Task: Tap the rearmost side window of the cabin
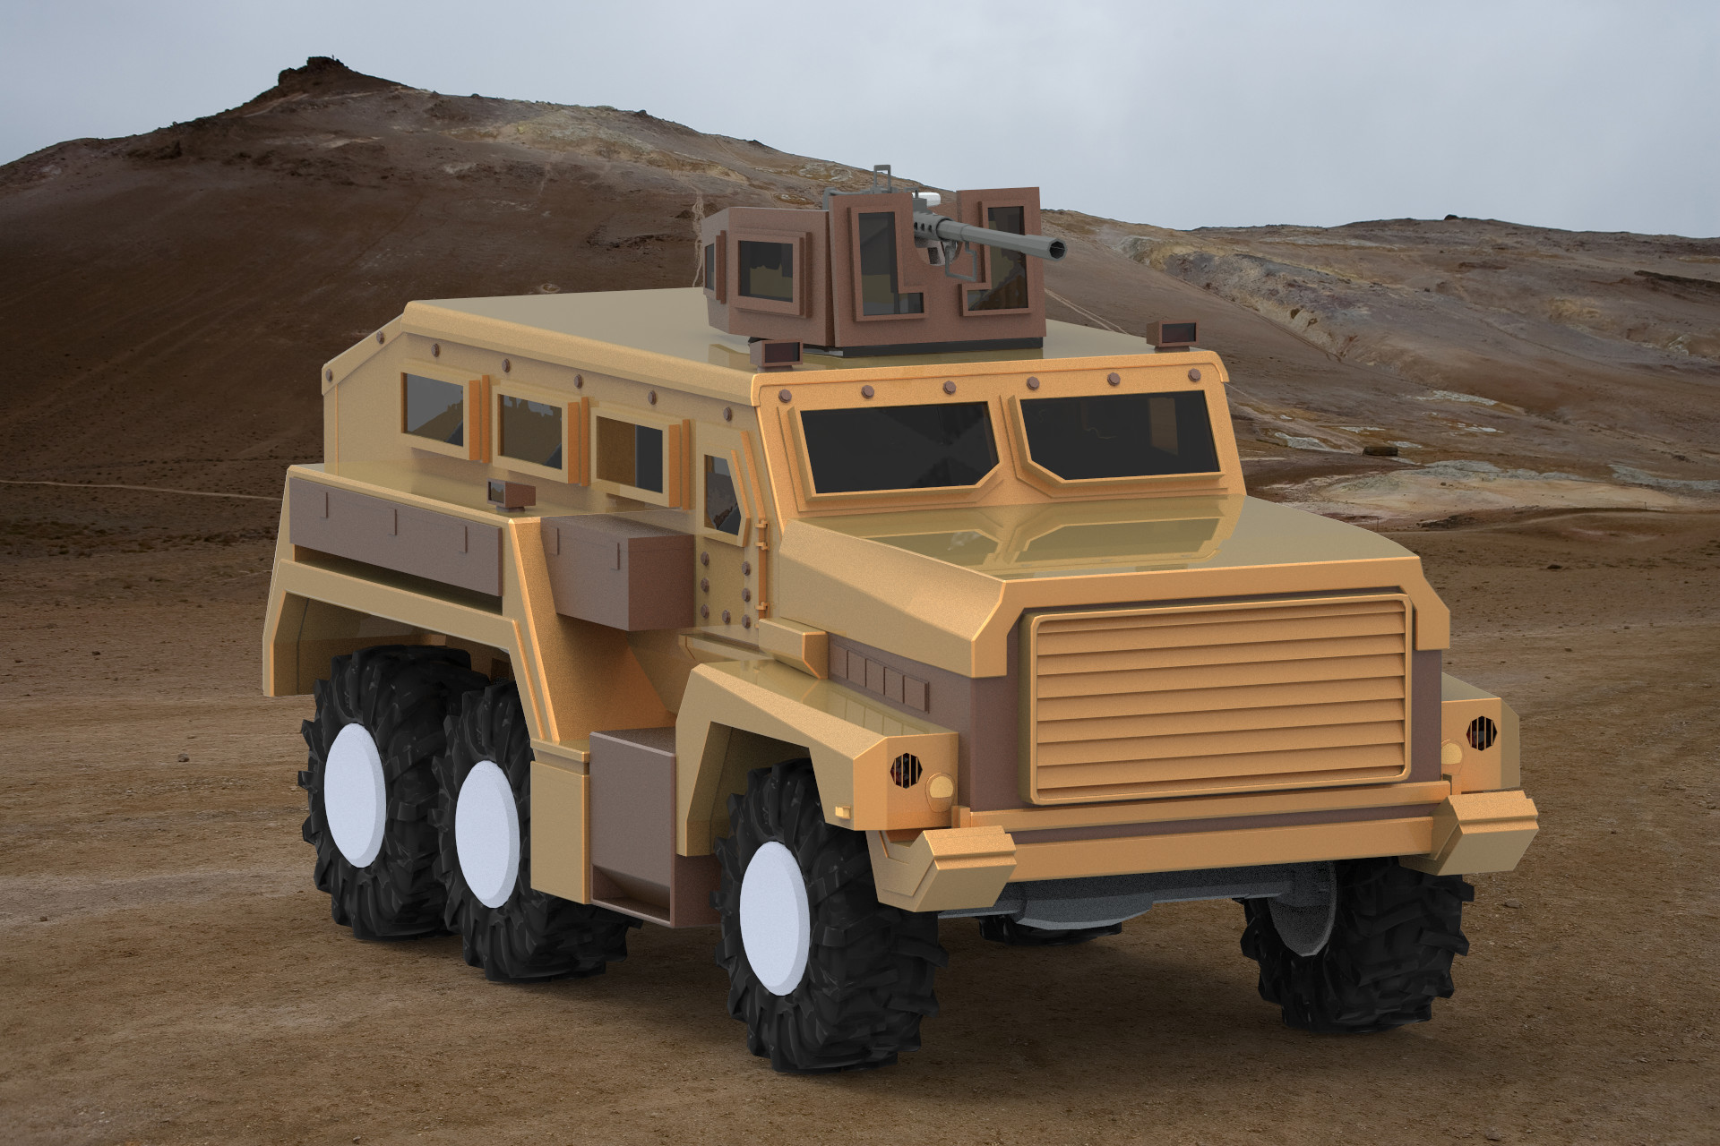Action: (x=434, y=408)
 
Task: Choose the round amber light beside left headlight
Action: (x=941, y=787)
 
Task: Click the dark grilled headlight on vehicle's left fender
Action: (x=906, y=768)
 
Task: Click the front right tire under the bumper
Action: (x=1353, y=949)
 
